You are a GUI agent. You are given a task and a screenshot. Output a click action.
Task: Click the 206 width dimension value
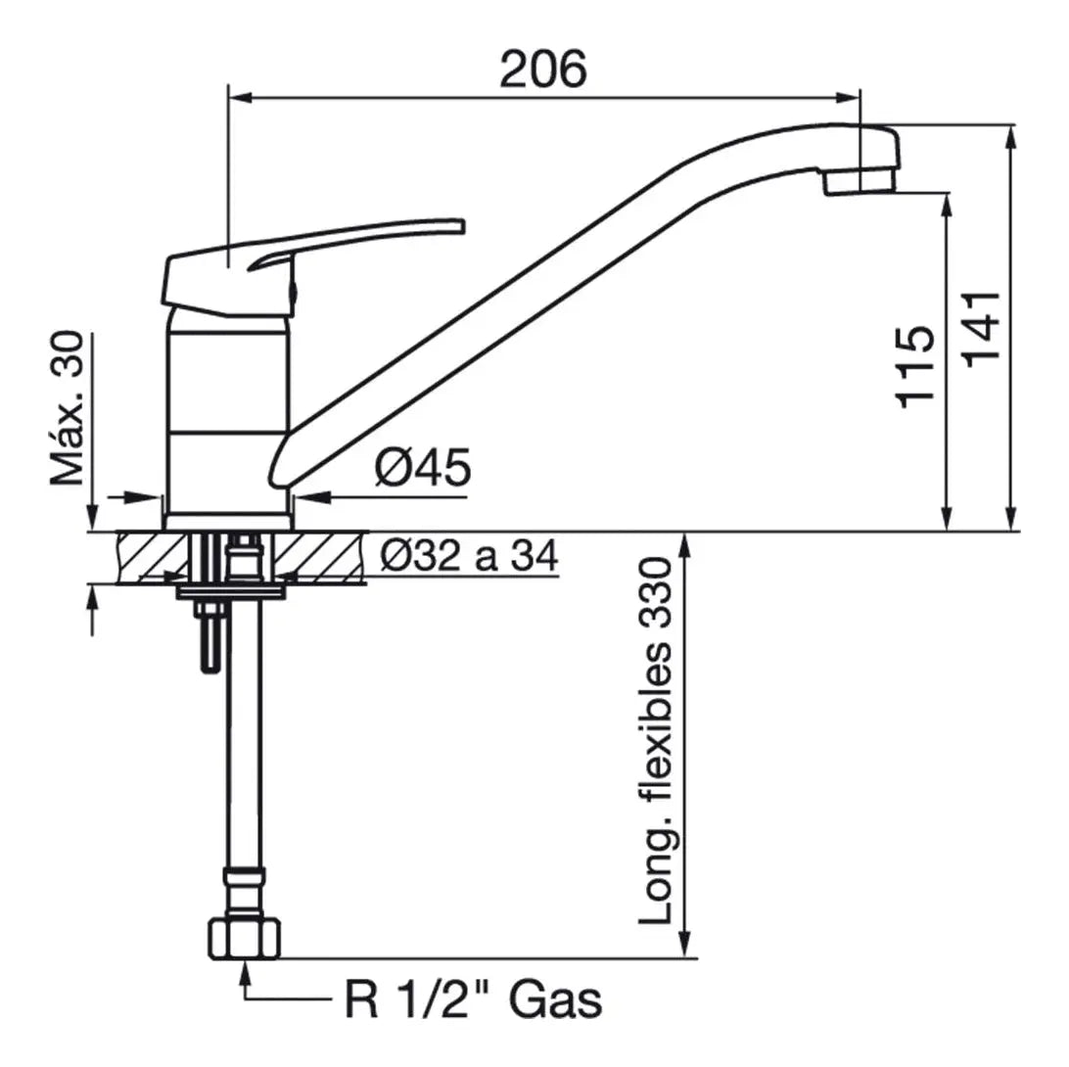tap(542, 69)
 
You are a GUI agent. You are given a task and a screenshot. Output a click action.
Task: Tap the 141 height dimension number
tap(982, 329)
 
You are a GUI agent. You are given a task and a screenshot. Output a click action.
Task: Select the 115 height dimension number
tap(914, 367)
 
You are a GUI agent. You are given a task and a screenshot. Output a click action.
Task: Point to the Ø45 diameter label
tap(423, 467)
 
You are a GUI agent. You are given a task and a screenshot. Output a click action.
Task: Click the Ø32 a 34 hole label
tap(470, 555)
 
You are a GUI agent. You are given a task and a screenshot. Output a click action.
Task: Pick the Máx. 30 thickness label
tap(68, 408)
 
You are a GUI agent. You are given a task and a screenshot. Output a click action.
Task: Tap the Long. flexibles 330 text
tap(655, 741)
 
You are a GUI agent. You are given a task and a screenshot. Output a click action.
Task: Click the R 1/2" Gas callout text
tap(474, 999)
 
